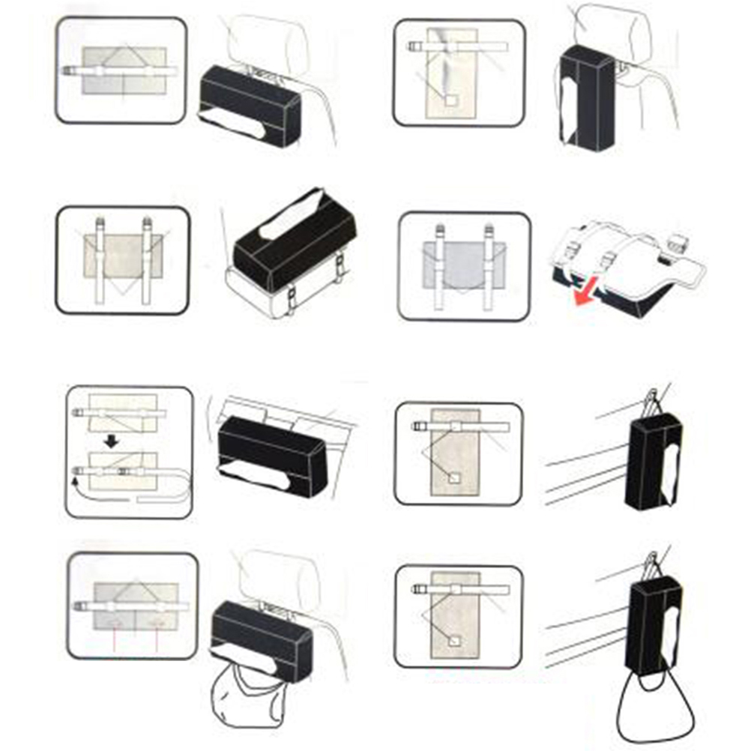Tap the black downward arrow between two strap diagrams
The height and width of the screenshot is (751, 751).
click(111, 441)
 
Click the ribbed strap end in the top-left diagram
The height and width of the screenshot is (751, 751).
click(69, 70)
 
